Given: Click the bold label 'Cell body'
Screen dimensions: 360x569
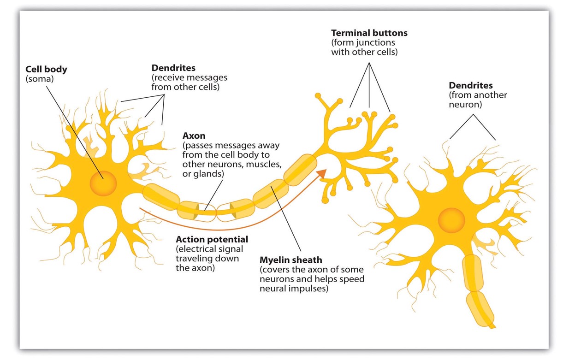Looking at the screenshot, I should click(47, 70).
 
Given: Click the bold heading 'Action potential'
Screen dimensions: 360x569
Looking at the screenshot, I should click(212, 240).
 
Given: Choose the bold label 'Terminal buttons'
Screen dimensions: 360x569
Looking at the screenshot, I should click(369, 33).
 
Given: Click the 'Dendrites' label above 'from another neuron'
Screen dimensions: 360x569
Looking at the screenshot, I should click(471, 86).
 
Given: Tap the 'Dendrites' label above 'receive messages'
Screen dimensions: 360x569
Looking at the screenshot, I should click(173, 68).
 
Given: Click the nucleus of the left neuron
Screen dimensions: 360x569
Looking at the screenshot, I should click(103, 183).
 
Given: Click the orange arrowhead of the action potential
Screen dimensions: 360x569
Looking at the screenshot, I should click(321, 174).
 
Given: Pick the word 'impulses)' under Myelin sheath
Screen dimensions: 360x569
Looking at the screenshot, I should click(312, 289).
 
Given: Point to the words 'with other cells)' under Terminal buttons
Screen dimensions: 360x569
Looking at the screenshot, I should click(364, 52).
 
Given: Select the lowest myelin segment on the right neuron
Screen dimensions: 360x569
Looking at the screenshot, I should click(480, 307).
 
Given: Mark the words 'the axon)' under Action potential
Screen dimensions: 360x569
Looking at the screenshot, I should click(195, 268).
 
